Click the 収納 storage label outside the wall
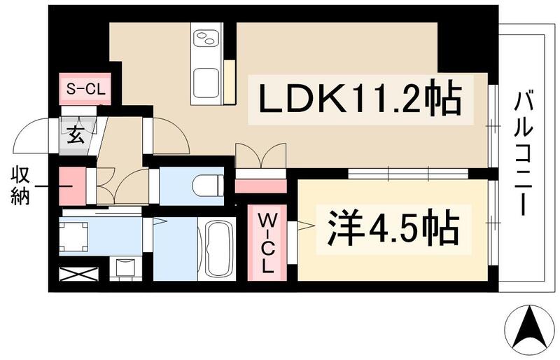[19, 186]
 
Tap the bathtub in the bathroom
[218, 248]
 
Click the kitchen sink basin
[207, 83]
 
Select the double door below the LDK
[260, 157]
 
